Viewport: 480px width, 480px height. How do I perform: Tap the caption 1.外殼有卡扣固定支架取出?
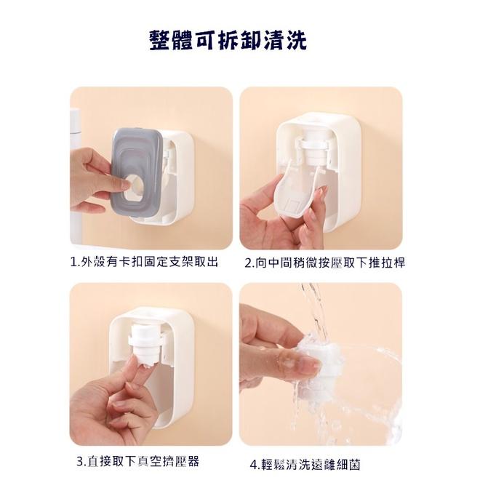tap(144, 262)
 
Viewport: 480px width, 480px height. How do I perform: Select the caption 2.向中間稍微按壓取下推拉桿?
tap(324, 263)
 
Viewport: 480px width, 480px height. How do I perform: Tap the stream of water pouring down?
tap(314, 305)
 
